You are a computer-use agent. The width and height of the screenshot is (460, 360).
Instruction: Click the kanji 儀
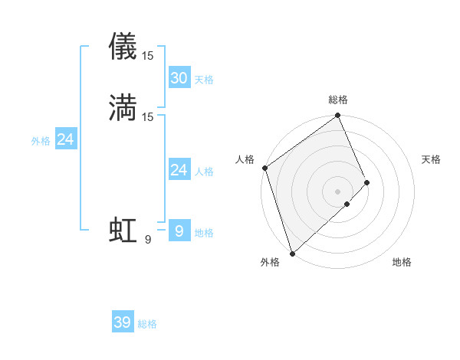click(123, 46)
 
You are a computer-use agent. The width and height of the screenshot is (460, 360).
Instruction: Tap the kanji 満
click(123, 107)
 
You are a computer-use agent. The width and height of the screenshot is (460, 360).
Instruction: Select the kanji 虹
click(123, 231)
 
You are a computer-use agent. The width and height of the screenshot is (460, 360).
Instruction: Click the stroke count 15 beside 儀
click(148, 55)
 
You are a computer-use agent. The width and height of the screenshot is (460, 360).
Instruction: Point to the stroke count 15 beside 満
click(148, 116)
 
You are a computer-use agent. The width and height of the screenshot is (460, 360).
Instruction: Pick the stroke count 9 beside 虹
click(147, 240)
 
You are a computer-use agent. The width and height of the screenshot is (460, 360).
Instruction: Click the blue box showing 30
click(179, 78)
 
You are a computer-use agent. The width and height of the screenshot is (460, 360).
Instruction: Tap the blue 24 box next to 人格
click(179, 170)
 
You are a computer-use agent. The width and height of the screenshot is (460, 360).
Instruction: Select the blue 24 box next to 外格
click(66, 139)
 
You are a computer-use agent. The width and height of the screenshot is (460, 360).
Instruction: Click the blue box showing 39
click(123, 322)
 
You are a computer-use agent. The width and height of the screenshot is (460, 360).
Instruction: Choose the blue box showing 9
click(179, 231)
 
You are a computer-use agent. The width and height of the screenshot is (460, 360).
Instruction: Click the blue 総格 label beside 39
click(147, 324)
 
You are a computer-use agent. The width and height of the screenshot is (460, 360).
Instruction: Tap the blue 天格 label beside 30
click(204, 80)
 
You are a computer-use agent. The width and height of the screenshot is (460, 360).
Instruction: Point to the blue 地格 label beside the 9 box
click(204, 233)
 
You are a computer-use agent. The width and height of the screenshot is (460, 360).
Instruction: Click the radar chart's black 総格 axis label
click(338, 100)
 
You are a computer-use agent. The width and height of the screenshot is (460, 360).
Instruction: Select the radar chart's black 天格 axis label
click(432, 159)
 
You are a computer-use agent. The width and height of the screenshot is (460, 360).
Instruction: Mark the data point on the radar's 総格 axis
click(338, 116)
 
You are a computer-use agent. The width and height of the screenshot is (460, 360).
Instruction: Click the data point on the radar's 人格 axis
click(264, 168)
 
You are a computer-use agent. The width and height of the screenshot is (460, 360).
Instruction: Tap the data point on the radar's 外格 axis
click(292, 253)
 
